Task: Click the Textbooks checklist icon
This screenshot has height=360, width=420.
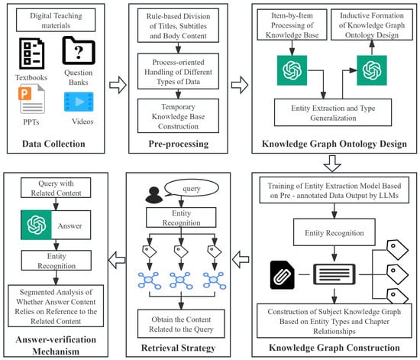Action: point(31,54)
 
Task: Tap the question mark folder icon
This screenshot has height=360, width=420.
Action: point(79,50)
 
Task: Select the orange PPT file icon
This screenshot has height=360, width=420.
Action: point(31,99)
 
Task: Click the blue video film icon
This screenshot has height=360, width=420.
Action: point(79,102)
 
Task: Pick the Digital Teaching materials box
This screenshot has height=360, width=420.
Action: point(56,20)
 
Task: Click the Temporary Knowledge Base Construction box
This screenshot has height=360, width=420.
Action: point(178,116)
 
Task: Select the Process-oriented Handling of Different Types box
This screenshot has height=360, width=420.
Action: point(178,71)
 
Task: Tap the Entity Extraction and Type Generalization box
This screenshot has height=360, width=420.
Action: point(333,112)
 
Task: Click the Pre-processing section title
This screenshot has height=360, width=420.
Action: point(179,144)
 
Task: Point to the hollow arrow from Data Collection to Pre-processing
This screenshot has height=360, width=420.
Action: point(118,85)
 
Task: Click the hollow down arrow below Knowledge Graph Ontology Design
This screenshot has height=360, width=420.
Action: point(332,164)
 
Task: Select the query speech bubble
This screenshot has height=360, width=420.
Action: point(191,188)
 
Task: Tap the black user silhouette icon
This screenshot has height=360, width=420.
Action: point(153,195)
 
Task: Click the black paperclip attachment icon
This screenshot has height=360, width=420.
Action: point(283,274)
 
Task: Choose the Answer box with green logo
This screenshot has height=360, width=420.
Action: point(56,225)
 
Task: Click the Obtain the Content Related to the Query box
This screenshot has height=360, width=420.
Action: point(181,324)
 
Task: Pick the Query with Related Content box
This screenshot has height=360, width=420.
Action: point(56,188)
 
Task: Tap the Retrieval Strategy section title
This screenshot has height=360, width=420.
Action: point(179,348)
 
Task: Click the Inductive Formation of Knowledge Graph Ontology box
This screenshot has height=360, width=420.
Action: point(372,25)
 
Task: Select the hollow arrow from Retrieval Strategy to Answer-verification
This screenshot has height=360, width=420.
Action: point(117,260)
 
